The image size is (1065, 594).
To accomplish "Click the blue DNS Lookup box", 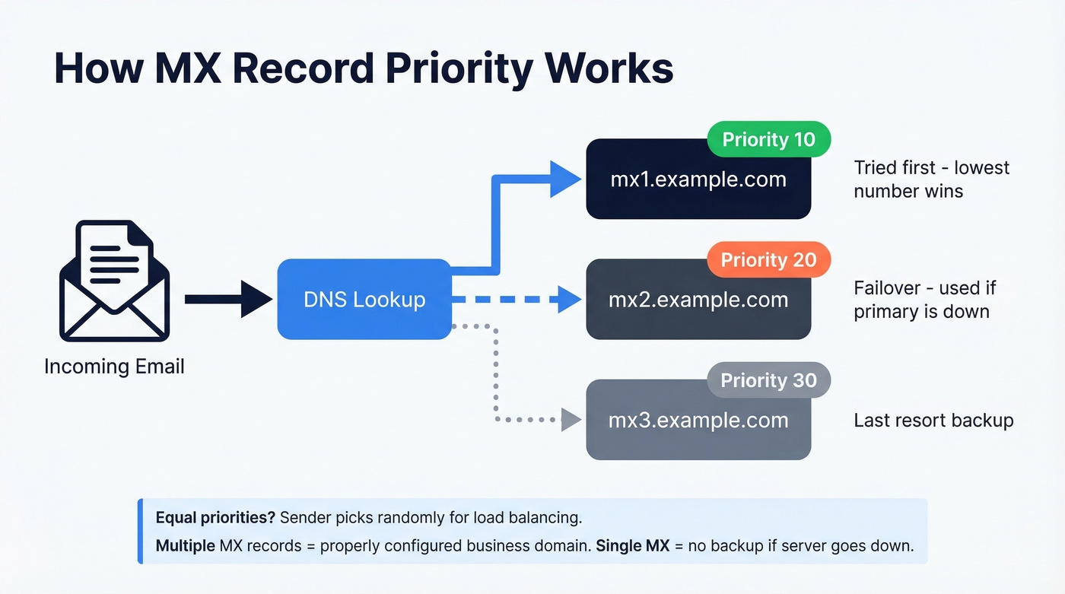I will click(x=364, y=299).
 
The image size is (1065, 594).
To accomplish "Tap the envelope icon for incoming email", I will click(x=114, y=281).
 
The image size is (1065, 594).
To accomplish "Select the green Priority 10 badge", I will click(x=768, y=140).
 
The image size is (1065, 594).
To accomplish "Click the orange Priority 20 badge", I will click(x=768, y=260).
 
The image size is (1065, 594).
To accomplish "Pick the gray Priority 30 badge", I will click(x=768, y=380).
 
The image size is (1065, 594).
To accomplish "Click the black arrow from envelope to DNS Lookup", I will click(x=228, y=299).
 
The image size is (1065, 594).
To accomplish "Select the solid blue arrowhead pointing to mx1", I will click(x=566, y=179).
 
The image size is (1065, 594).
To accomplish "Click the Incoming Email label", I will click(x=114, y=367).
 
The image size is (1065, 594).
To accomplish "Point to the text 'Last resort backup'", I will click(x=933, y=421).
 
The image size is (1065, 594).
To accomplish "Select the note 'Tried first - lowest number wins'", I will click(x=931, y=179).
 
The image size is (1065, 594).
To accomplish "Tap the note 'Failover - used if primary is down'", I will click(x=924, y=300).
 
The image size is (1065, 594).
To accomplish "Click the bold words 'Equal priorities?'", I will click(x=215, y=518).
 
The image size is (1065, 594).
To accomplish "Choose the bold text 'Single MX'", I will click(x=629, y=546).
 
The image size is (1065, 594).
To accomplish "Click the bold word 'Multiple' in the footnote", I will click(x=184, y=546).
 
